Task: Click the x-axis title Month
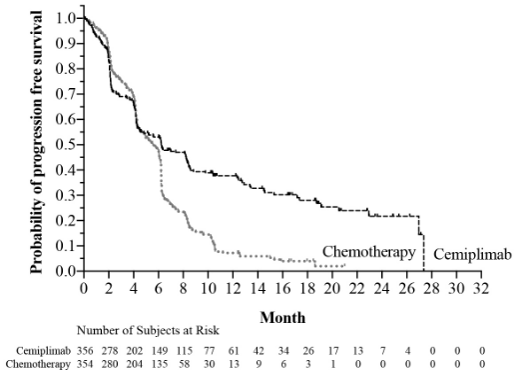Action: click(x=282, y=317)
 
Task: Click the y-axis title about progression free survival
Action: click(x=36, y=142)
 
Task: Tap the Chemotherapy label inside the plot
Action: click(x=369, y=252)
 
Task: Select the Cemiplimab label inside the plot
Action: click(x=472, y=255)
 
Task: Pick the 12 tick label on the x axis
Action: click(x=233, y=288)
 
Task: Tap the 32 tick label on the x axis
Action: click(x=481, y=288)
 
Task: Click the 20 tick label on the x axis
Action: click(x=332, y=288)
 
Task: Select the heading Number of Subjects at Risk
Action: click(x=148, y=330)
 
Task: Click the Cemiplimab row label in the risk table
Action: click(x=44, y=351)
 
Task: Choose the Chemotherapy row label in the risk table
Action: click(x=38, y=364)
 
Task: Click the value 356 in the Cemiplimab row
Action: click(x=85, y=351)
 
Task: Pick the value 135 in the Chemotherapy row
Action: click(x=160, y=364)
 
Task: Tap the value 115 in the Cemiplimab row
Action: click(x=185, y=351)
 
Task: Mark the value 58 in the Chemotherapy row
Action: click(x=185, y=364)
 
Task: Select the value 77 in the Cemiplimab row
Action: click(x=210, y=351)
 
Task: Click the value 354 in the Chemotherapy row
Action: click(x=85, y=364)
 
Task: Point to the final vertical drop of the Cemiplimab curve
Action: click(x=424, y=253)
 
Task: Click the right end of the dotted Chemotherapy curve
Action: click(x=345, y=265)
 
